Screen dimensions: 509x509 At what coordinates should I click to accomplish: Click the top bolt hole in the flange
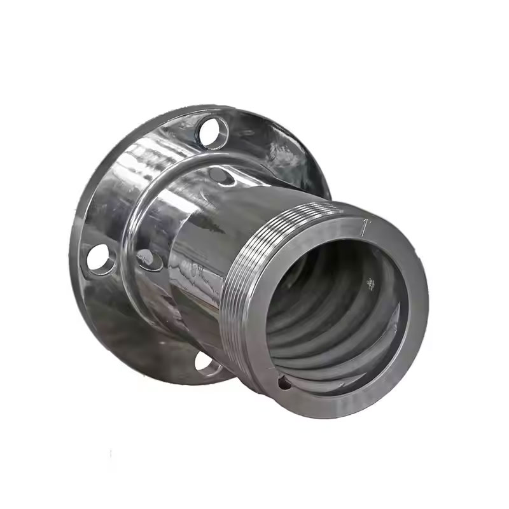click(x=213, y=132)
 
